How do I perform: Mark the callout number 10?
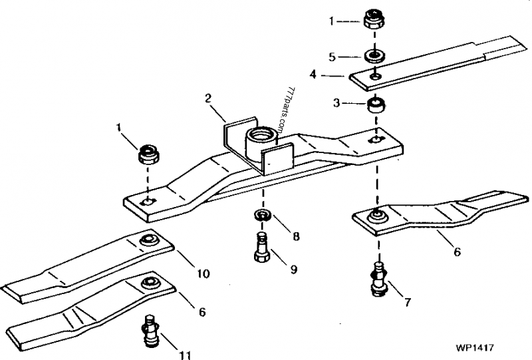[x=202, y=273]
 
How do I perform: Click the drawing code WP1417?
[x=475, y=347]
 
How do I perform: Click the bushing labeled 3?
[x=377, y=105]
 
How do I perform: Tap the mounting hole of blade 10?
[x=148, y=240]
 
